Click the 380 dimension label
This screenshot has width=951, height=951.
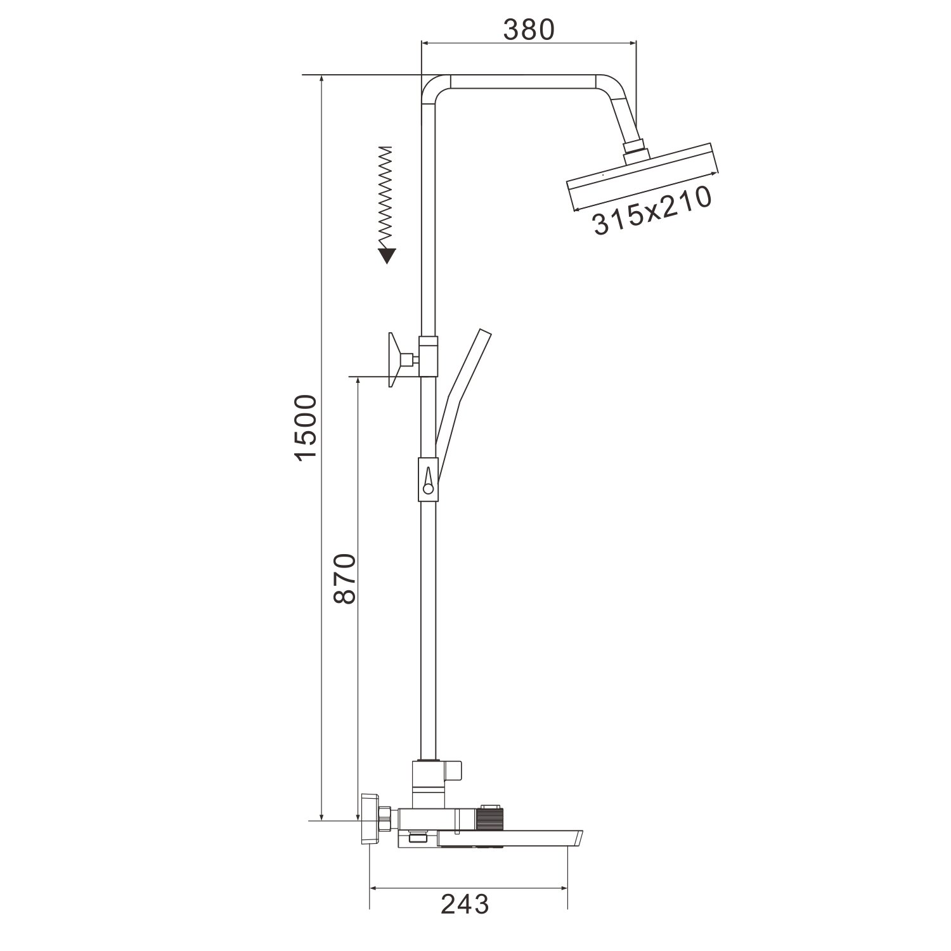[x=529, y=29]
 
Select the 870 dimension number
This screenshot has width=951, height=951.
[x=344, y=578]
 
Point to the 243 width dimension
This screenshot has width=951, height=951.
[x=465, y=904]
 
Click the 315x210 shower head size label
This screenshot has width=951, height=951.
[x=650, y=211]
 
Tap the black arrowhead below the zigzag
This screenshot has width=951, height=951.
[x=387, y=256]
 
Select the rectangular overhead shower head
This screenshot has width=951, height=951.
[x=644, y=177]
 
